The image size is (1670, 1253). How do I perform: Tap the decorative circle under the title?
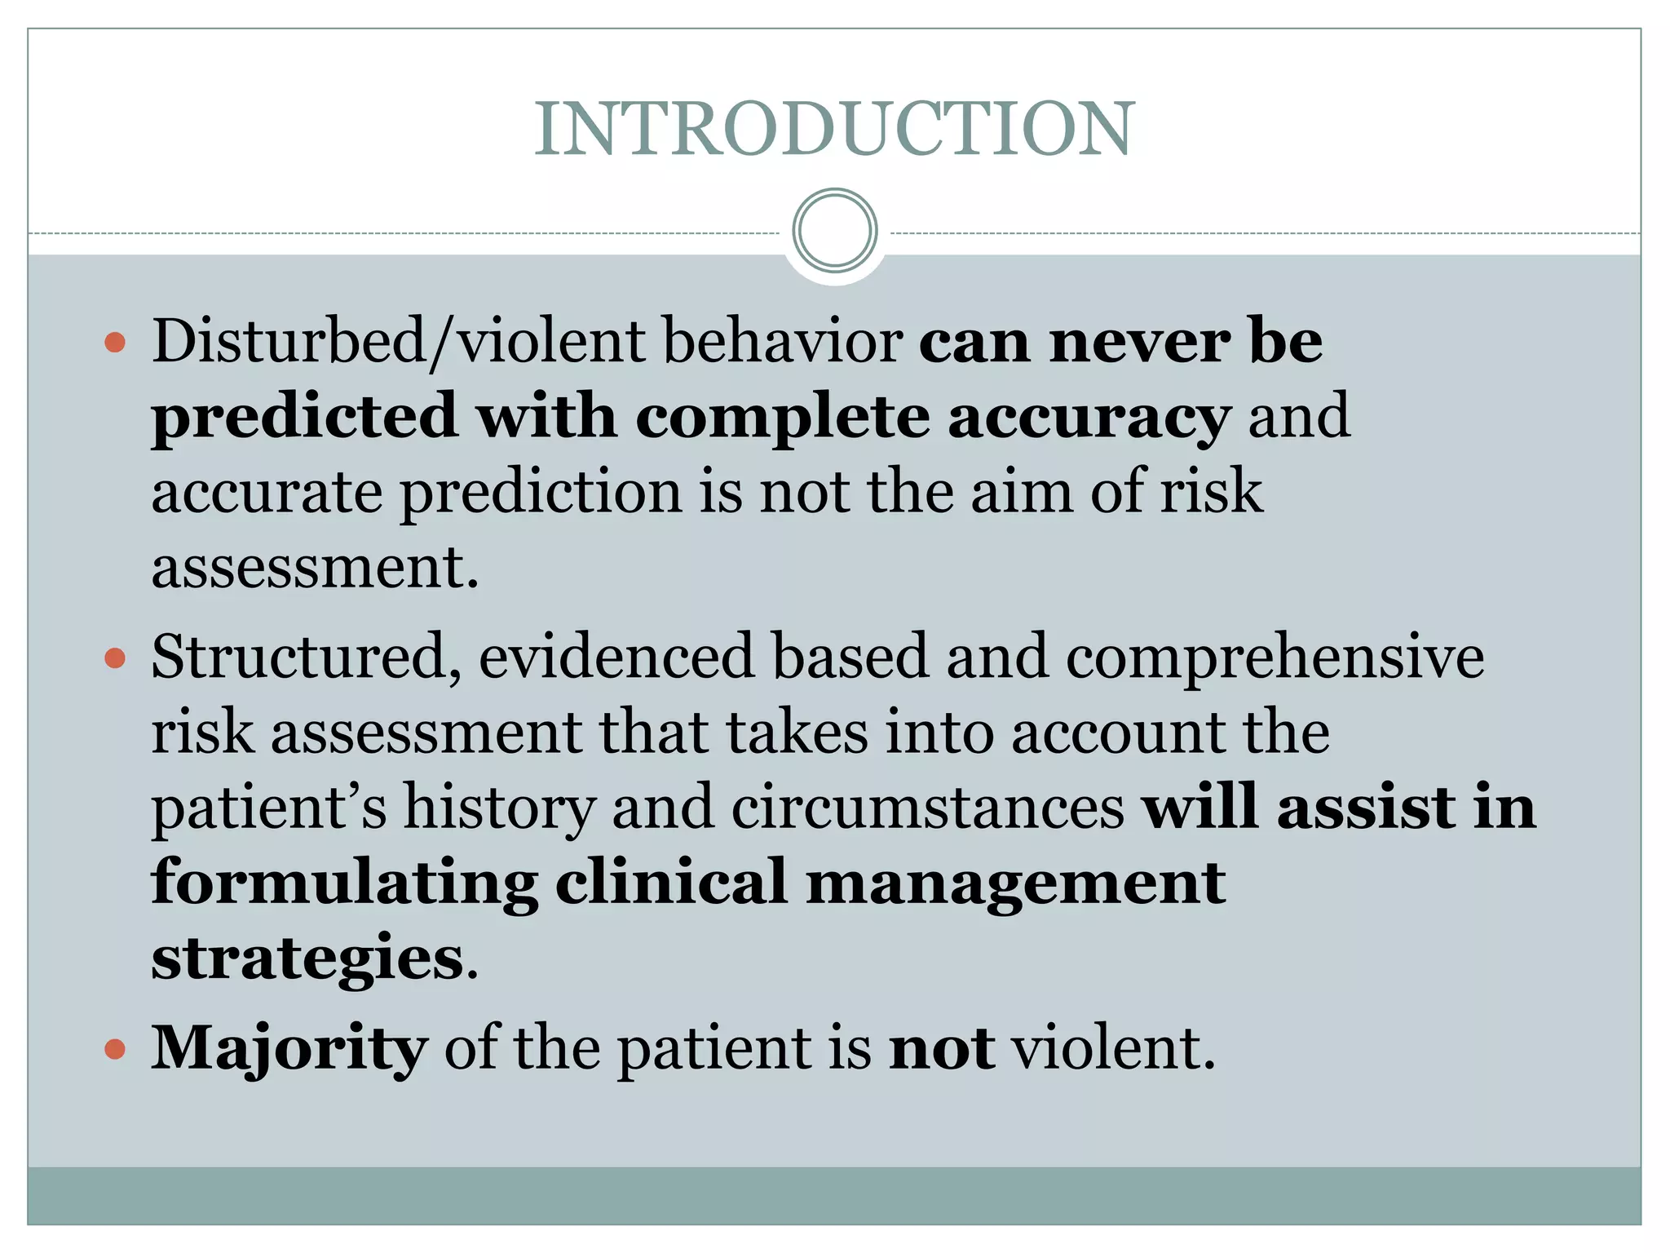click(x=834, y=231)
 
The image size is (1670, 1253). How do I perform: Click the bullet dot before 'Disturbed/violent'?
click(x=116, y=342)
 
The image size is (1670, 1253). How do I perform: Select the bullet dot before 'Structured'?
click(x=116, y=657)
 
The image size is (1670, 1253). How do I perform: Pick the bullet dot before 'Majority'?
click(x=116, y=1048)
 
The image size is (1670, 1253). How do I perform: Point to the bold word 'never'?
click(x=1140, y=341)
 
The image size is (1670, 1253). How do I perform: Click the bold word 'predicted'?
click(x=303, y=416)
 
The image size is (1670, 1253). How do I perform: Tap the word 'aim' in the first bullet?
click(x=1021, y=492)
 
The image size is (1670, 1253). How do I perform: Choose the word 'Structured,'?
click(x=307, y=657)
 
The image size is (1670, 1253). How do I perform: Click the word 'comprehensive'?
click(x=1275, y=657)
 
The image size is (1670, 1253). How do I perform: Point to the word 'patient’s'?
click(x=269, y=808)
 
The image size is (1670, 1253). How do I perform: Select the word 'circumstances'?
click(x=928, y=808)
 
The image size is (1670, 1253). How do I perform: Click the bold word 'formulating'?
click(x=344, y=883)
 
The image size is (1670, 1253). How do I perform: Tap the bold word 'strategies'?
click(x=307, y=959)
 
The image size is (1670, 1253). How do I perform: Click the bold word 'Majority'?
click(x=289, y=1049)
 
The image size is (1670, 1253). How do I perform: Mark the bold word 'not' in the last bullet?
click(x=942, y=1048)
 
